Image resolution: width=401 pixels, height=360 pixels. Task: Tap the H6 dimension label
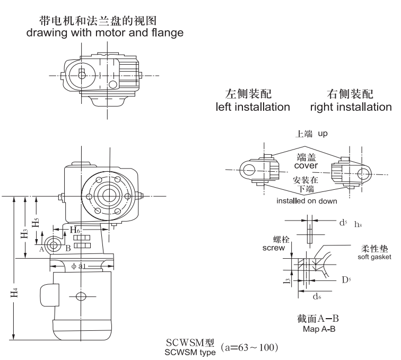click(x=76, y=229)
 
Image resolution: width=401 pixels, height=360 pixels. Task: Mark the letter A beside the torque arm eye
click(x=41, y=247)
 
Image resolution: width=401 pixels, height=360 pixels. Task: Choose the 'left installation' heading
click(x=252, y=107)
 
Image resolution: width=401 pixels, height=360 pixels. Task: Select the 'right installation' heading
click(x=351, y=107)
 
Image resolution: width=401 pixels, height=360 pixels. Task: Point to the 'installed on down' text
click(x=306, y=201)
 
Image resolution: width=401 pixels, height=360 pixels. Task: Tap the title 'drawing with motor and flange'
click(x=106, y=33)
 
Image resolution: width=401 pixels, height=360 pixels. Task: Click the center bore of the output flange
click(x=110, y=193)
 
